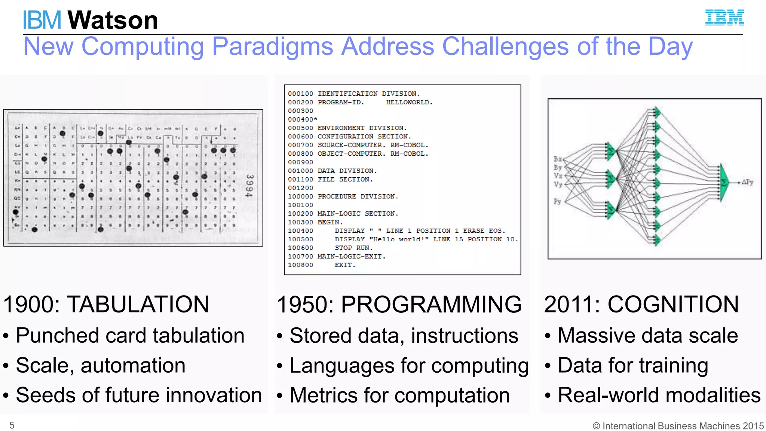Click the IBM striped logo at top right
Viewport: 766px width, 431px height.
tap(724, 18)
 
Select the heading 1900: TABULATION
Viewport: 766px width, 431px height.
tap(106, 304)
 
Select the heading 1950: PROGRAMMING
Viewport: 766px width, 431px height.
tap(399, 304)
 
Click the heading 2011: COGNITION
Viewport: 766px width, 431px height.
tap(641, 304)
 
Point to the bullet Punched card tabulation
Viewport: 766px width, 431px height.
tap(130, 335)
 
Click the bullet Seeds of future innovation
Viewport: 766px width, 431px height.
tap(139, 395)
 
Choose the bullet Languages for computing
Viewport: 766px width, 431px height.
tap(409, 366)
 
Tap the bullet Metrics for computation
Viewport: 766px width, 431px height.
tap(399, 395)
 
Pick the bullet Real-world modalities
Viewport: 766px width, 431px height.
tap(659, 395)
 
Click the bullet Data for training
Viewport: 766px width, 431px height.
tap(632, 366)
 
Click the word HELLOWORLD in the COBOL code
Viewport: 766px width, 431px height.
tap(409, 102)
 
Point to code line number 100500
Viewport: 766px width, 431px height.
tap(300, 239)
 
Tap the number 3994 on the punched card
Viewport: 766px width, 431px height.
tap(249, 186)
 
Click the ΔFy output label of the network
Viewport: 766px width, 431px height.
tap(747, 182)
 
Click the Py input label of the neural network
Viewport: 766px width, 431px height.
tap(557, 201)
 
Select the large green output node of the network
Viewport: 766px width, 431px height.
tap(724, 182)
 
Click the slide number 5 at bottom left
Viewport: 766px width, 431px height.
tap(12, 425)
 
